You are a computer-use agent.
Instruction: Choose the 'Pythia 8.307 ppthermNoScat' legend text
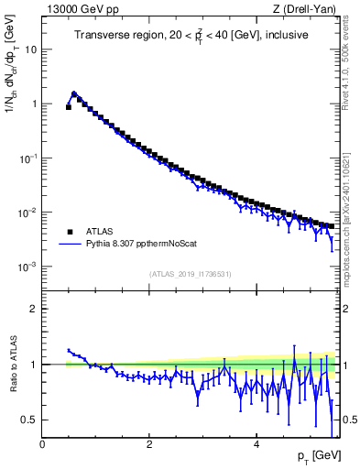pyautogui.click(x=136, y=245)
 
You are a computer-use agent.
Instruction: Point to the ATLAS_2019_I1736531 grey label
pyautogui.click(x=190, y=274)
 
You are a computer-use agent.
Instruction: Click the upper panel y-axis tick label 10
pyautogui.click(x=31, y=49)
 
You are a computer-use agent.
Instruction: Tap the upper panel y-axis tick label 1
pyautogui.click(x=34, y=104)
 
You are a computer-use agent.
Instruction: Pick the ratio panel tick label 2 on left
pyautogui.click(x=34, y=309)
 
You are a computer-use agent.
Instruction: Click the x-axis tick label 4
pyautogui.click(x=256, y=444)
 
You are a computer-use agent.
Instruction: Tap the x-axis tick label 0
pyautogui.click(x=43, y=444)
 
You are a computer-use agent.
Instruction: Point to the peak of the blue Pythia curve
pyautogui.click(x=74, y=93)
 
